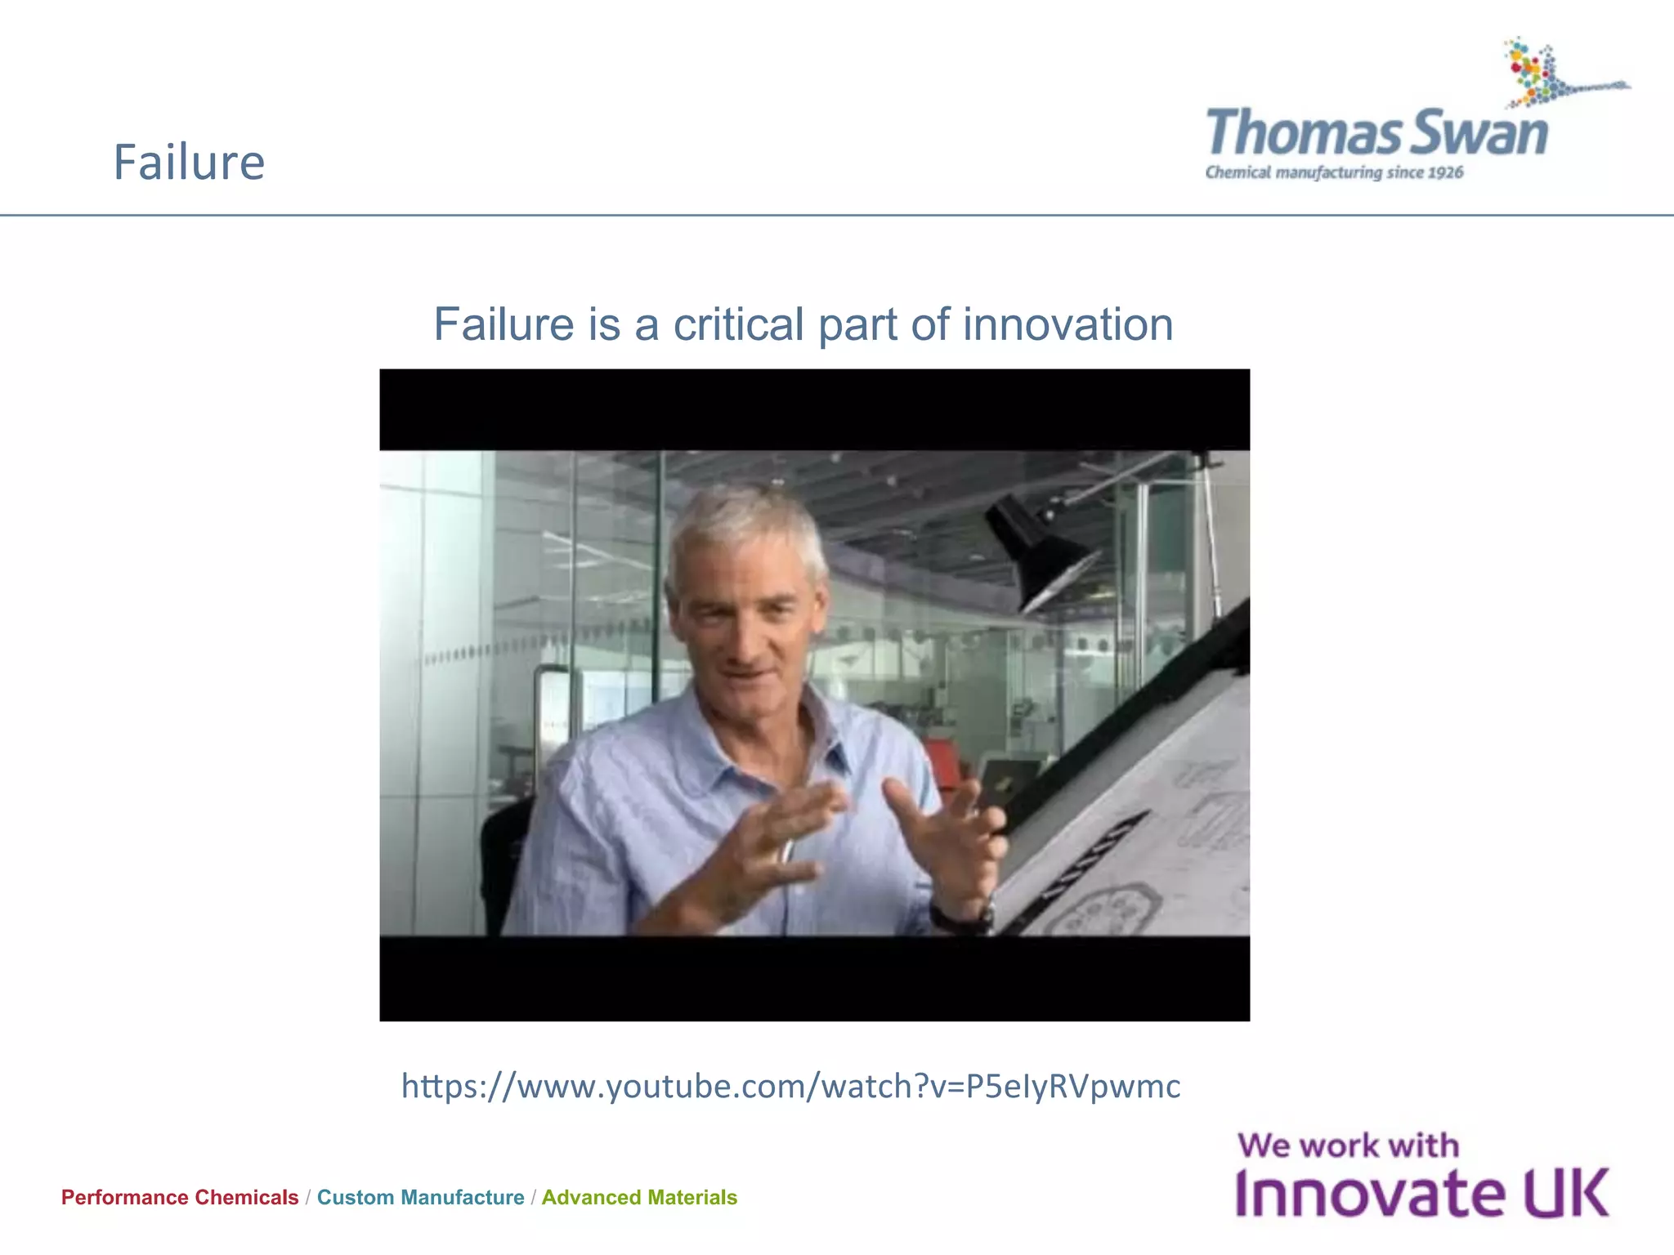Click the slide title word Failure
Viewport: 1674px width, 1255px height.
pos(189,162)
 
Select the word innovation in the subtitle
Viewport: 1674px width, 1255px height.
pos(1068,324)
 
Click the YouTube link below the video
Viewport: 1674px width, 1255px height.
pos(790,1086)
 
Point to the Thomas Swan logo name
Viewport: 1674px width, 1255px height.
pos(1376,133)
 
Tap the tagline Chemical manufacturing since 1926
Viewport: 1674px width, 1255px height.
pos(1334,172)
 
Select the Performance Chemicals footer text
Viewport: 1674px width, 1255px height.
pos(180,1197)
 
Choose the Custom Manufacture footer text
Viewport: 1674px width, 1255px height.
pos(420,1197)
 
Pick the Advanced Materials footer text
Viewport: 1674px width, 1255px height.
pos(639,1197)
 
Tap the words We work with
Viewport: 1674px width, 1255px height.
pos(1348,1146)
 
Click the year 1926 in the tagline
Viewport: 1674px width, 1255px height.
pos(1445,172)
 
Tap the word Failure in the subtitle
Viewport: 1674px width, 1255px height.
pos(503,324)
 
